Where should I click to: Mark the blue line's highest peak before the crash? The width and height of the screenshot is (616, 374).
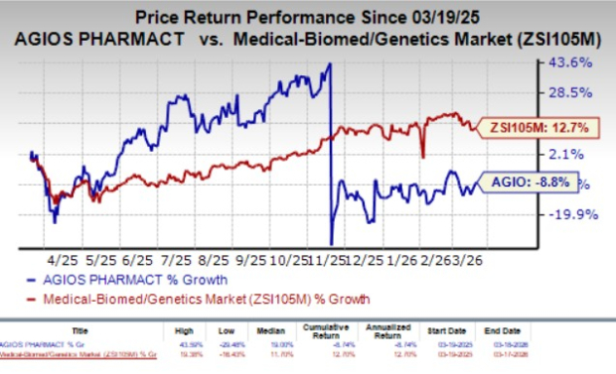coord(330,64)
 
